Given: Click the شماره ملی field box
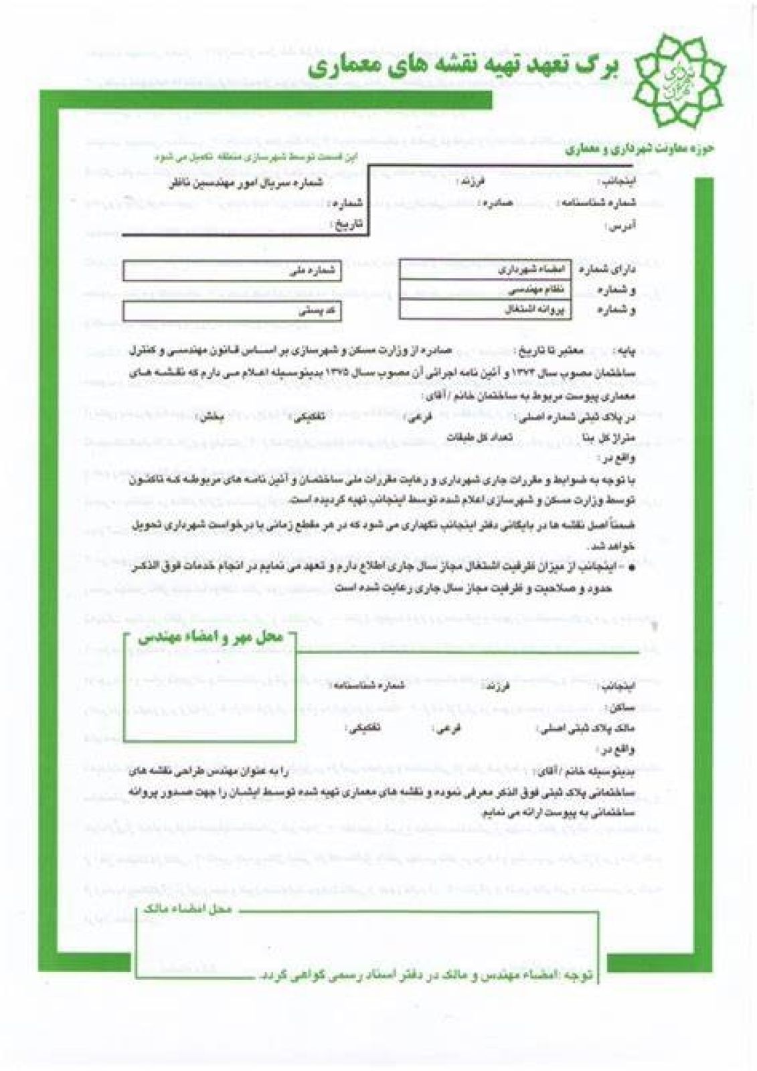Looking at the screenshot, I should point(232,271).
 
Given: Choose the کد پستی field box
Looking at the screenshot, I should point(232,311).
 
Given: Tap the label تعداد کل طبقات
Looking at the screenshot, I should point(479,436).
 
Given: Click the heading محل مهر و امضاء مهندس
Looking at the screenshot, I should point(212,637).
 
